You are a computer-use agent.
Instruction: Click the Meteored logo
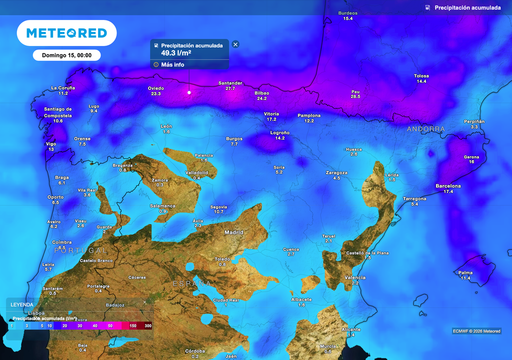coord(66,33)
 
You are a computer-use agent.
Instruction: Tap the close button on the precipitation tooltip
coord(235,44)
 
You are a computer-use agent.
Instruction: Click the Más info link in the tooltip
coord(172,64)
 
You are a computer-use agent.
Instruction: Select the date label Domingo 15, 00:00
coord(66,55)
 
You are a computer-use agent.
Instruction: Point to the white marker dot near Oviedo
coord(189,92)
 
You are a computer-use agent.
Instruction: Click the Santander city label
coord(230,83)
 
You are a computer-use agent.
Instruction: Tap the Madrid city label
coord(233,232)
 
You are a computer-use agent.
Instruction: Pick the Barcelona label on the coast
coord(448,186)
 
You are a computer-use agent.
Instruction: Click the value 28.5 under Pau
coord(355,96)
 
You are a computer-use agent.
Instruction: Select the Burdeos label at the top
coord(348,13)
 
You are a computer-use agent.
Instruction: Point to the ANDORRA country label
coord(425,129)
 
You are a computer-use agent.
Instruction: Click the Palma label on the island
coord(465,272)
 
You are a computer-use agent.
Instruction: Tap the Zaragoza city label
coord(336,173)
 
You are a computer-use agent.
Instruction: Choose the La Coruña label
coord(63,88)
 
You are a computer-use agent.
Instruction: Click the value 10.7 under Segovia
coord(218,212)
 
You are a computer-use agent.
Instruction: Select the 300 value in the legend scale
coord(148,325)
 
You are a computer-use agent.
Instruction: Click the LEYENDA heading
coord(22,304)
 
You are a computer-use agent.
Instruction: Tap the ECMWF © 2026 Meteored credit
coord(476,331)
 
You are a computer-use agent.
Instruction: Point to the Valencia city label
coord(355,277)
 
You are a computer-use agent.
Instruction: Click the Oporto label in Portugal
coord(55,197)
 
